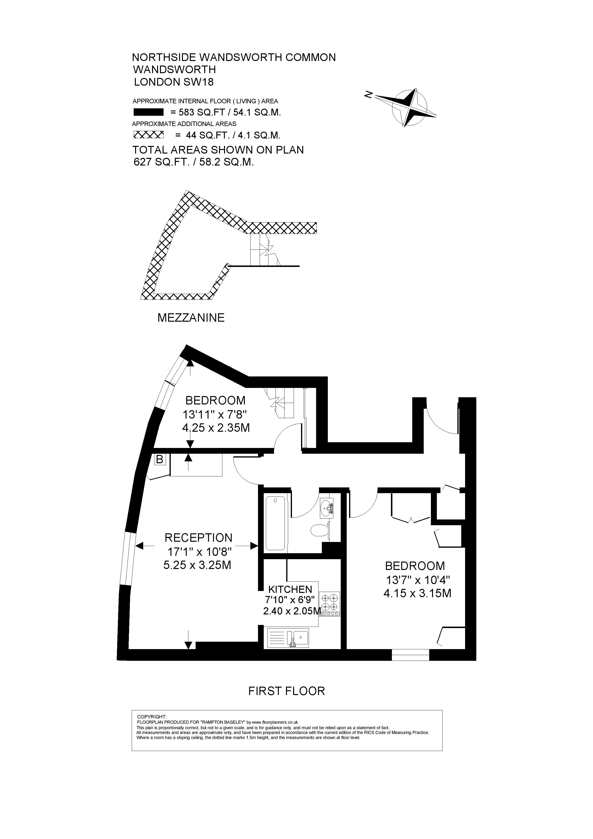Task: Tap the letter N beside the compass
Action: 368,95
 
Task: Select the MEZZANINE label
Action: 191,318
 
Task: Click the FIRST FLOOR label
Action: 286,691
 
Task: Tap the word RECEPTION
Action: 198,538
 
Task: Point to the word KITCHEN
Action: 290,589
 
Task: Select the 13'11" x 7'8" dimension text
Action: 215,414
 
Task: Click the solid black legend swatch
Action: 148,112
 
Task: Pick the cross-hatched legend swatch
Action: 148,135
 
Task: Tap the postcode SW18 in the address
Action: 199,82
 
